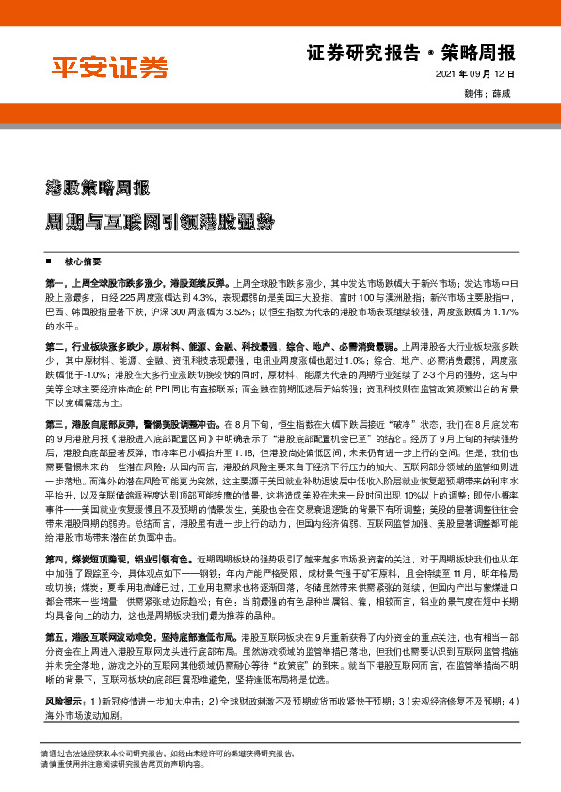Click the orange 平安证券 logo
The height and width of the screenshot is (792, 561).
(108, 67)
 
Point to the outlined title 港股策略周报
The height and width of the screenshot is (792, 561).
(97, 185)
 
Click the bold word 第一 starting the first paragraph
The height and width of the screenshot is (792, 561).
(55, 282)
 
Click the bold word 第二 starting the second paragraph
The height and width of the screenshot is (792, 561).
(55, 346)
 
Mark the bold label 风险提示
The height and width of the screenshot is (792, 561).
(64, 700)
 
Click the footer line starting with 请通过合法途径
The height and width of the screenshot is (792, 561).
(169, 753)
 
